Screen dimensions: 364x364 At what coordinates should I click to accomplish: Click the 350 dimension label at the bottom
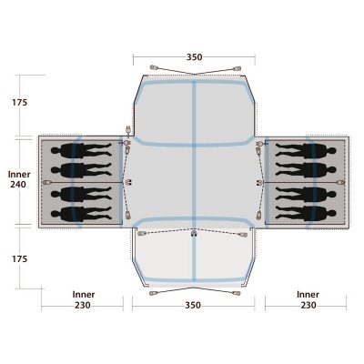point(193,307)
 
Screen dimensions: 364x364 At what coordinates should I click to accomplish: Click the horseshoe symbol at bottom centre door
point(195,236)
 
